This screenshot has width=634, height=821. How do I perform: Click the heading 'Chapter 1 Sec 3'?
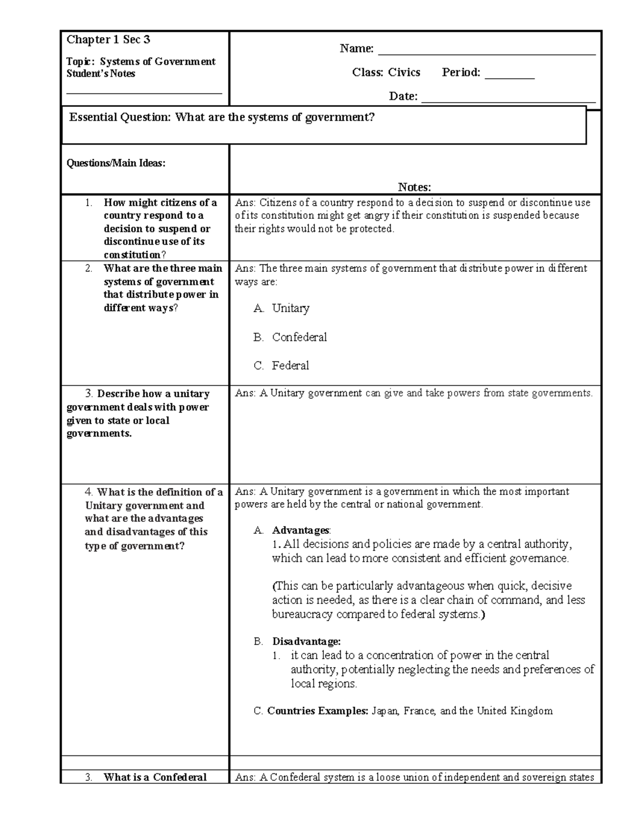108,40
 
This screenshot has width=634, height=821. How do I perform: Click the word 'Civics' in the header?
404,72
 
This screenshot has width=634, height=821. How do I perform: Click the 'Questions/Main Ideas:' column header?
116,163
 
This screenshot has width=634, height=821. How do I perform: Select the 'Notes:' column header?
414,187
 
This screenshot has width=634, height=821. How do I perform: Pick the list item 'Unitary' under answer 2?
291,308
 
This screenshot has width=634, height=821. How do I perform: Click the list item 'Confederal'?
299,337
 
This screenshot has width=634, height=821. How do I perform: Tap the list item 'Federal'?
291,366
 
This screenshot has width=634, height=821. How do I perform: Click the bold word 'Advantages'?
300,530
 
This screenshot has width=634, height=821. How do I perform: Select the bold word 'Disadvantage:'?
306,642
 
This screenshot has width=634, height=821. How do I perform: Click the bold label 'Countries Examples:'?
318,711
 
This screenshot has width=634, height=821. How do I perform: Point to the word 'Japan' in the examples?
385,711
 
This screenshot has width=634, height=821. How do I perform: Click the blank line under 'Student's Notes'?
144,93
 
